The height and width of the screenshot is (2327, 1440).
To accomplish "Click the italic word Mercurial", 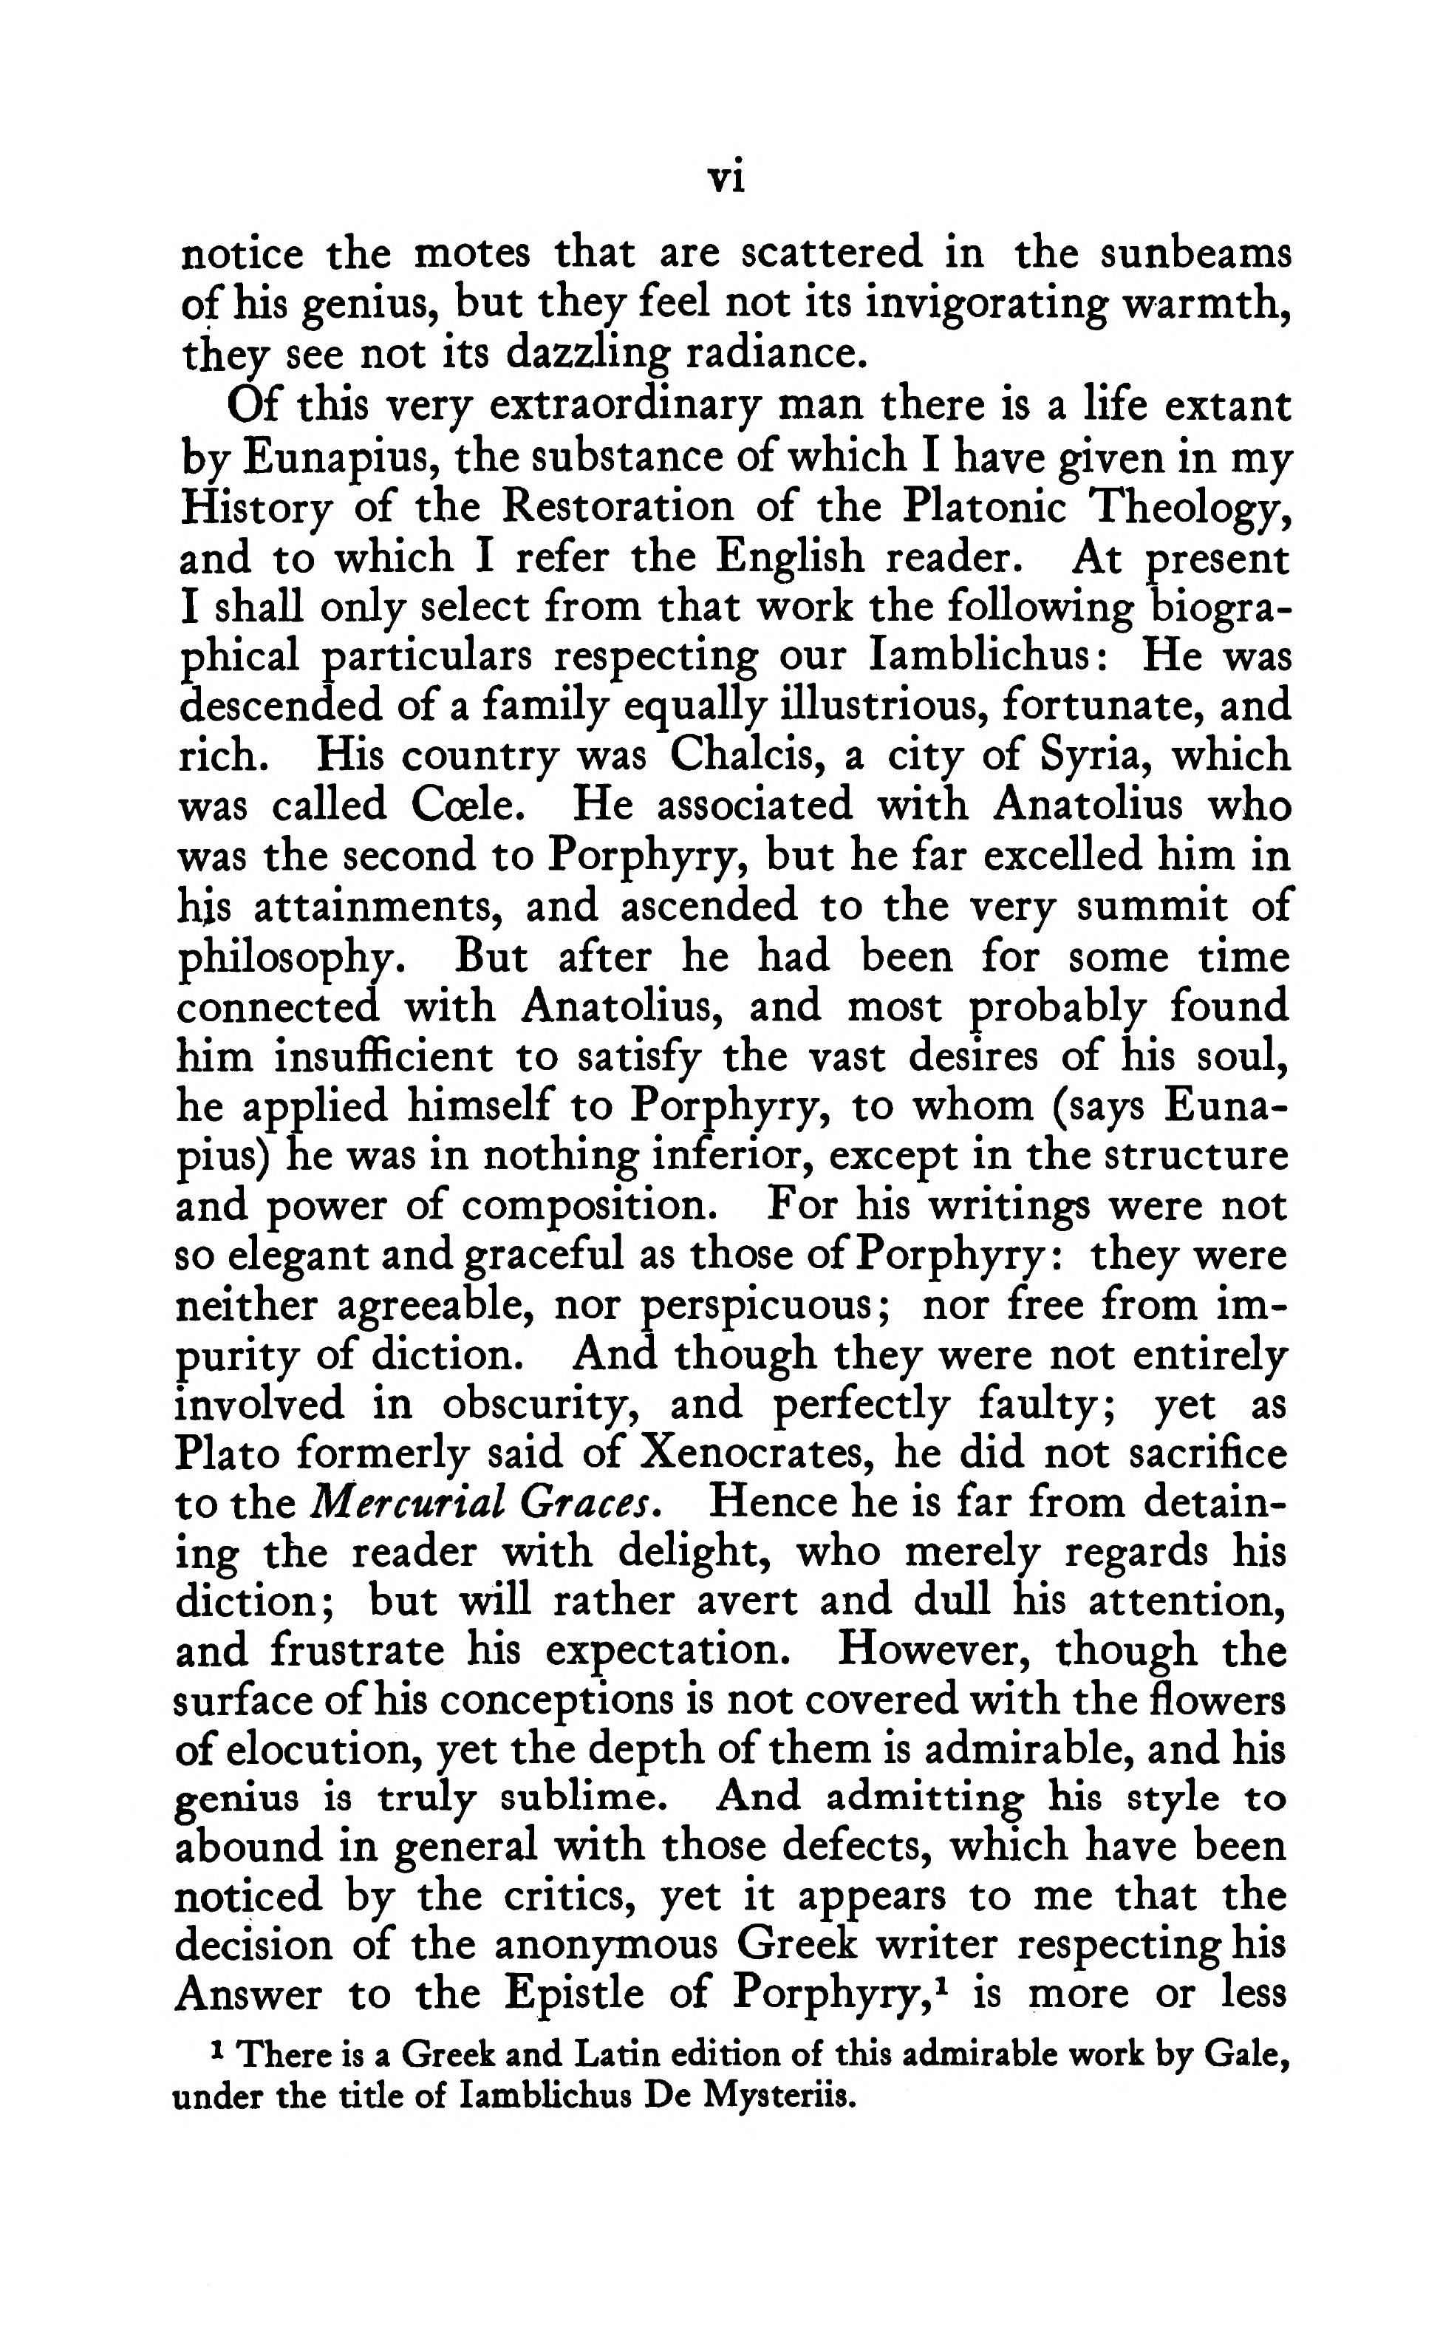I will [408, 1503].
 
